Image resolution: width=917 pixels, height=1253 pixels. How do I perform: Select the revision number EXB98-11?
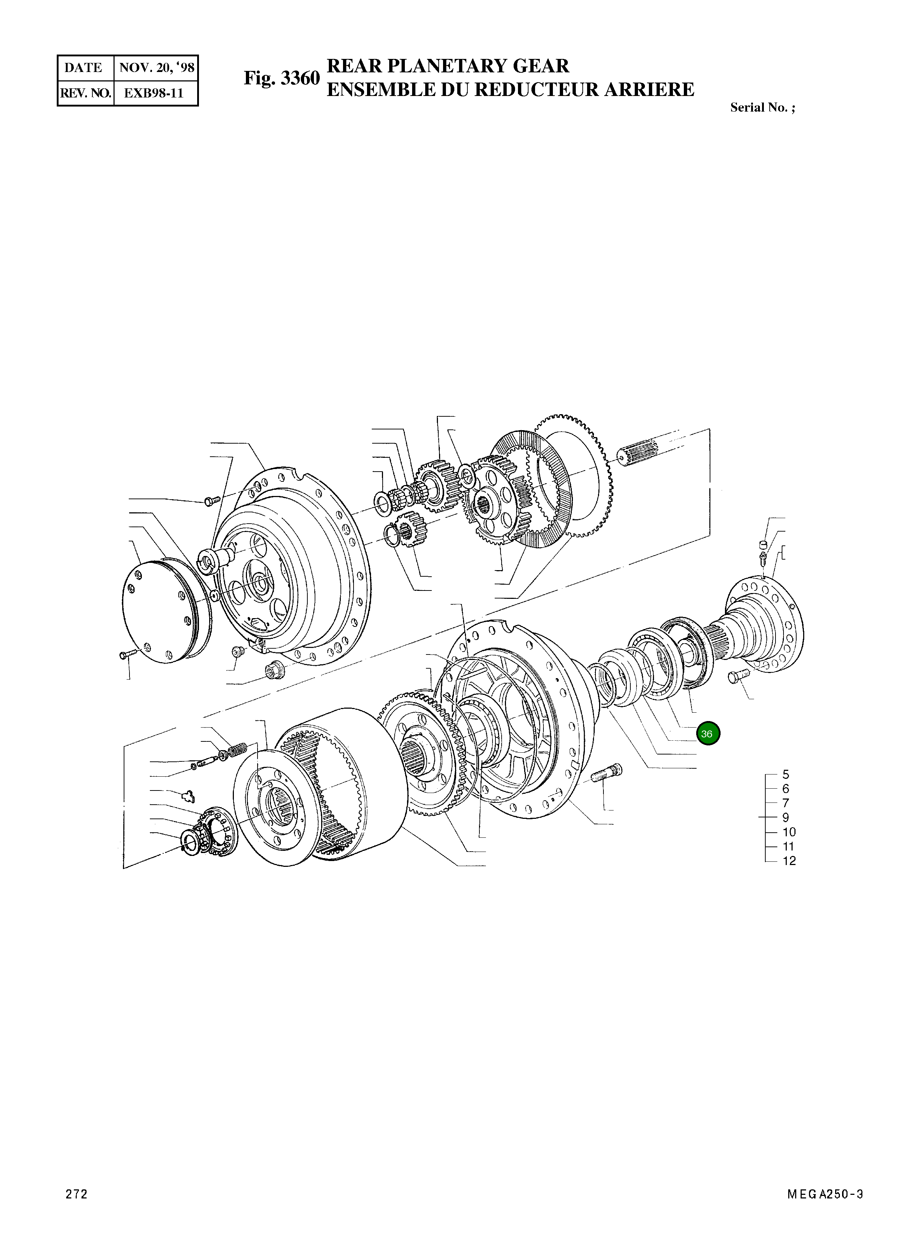click(153, 93)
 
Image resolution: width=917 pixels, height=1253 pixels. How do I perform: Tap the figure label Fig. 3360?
click(282, 78)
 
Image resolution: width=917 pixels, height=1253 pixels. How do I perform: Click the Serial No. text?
click(762, 108)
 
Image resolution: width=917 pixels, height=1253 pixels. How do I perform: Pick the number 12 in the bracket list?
click(789, 861)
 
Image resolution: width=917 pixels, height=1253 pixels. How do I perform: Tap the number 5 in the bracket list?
click(785, 774)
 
